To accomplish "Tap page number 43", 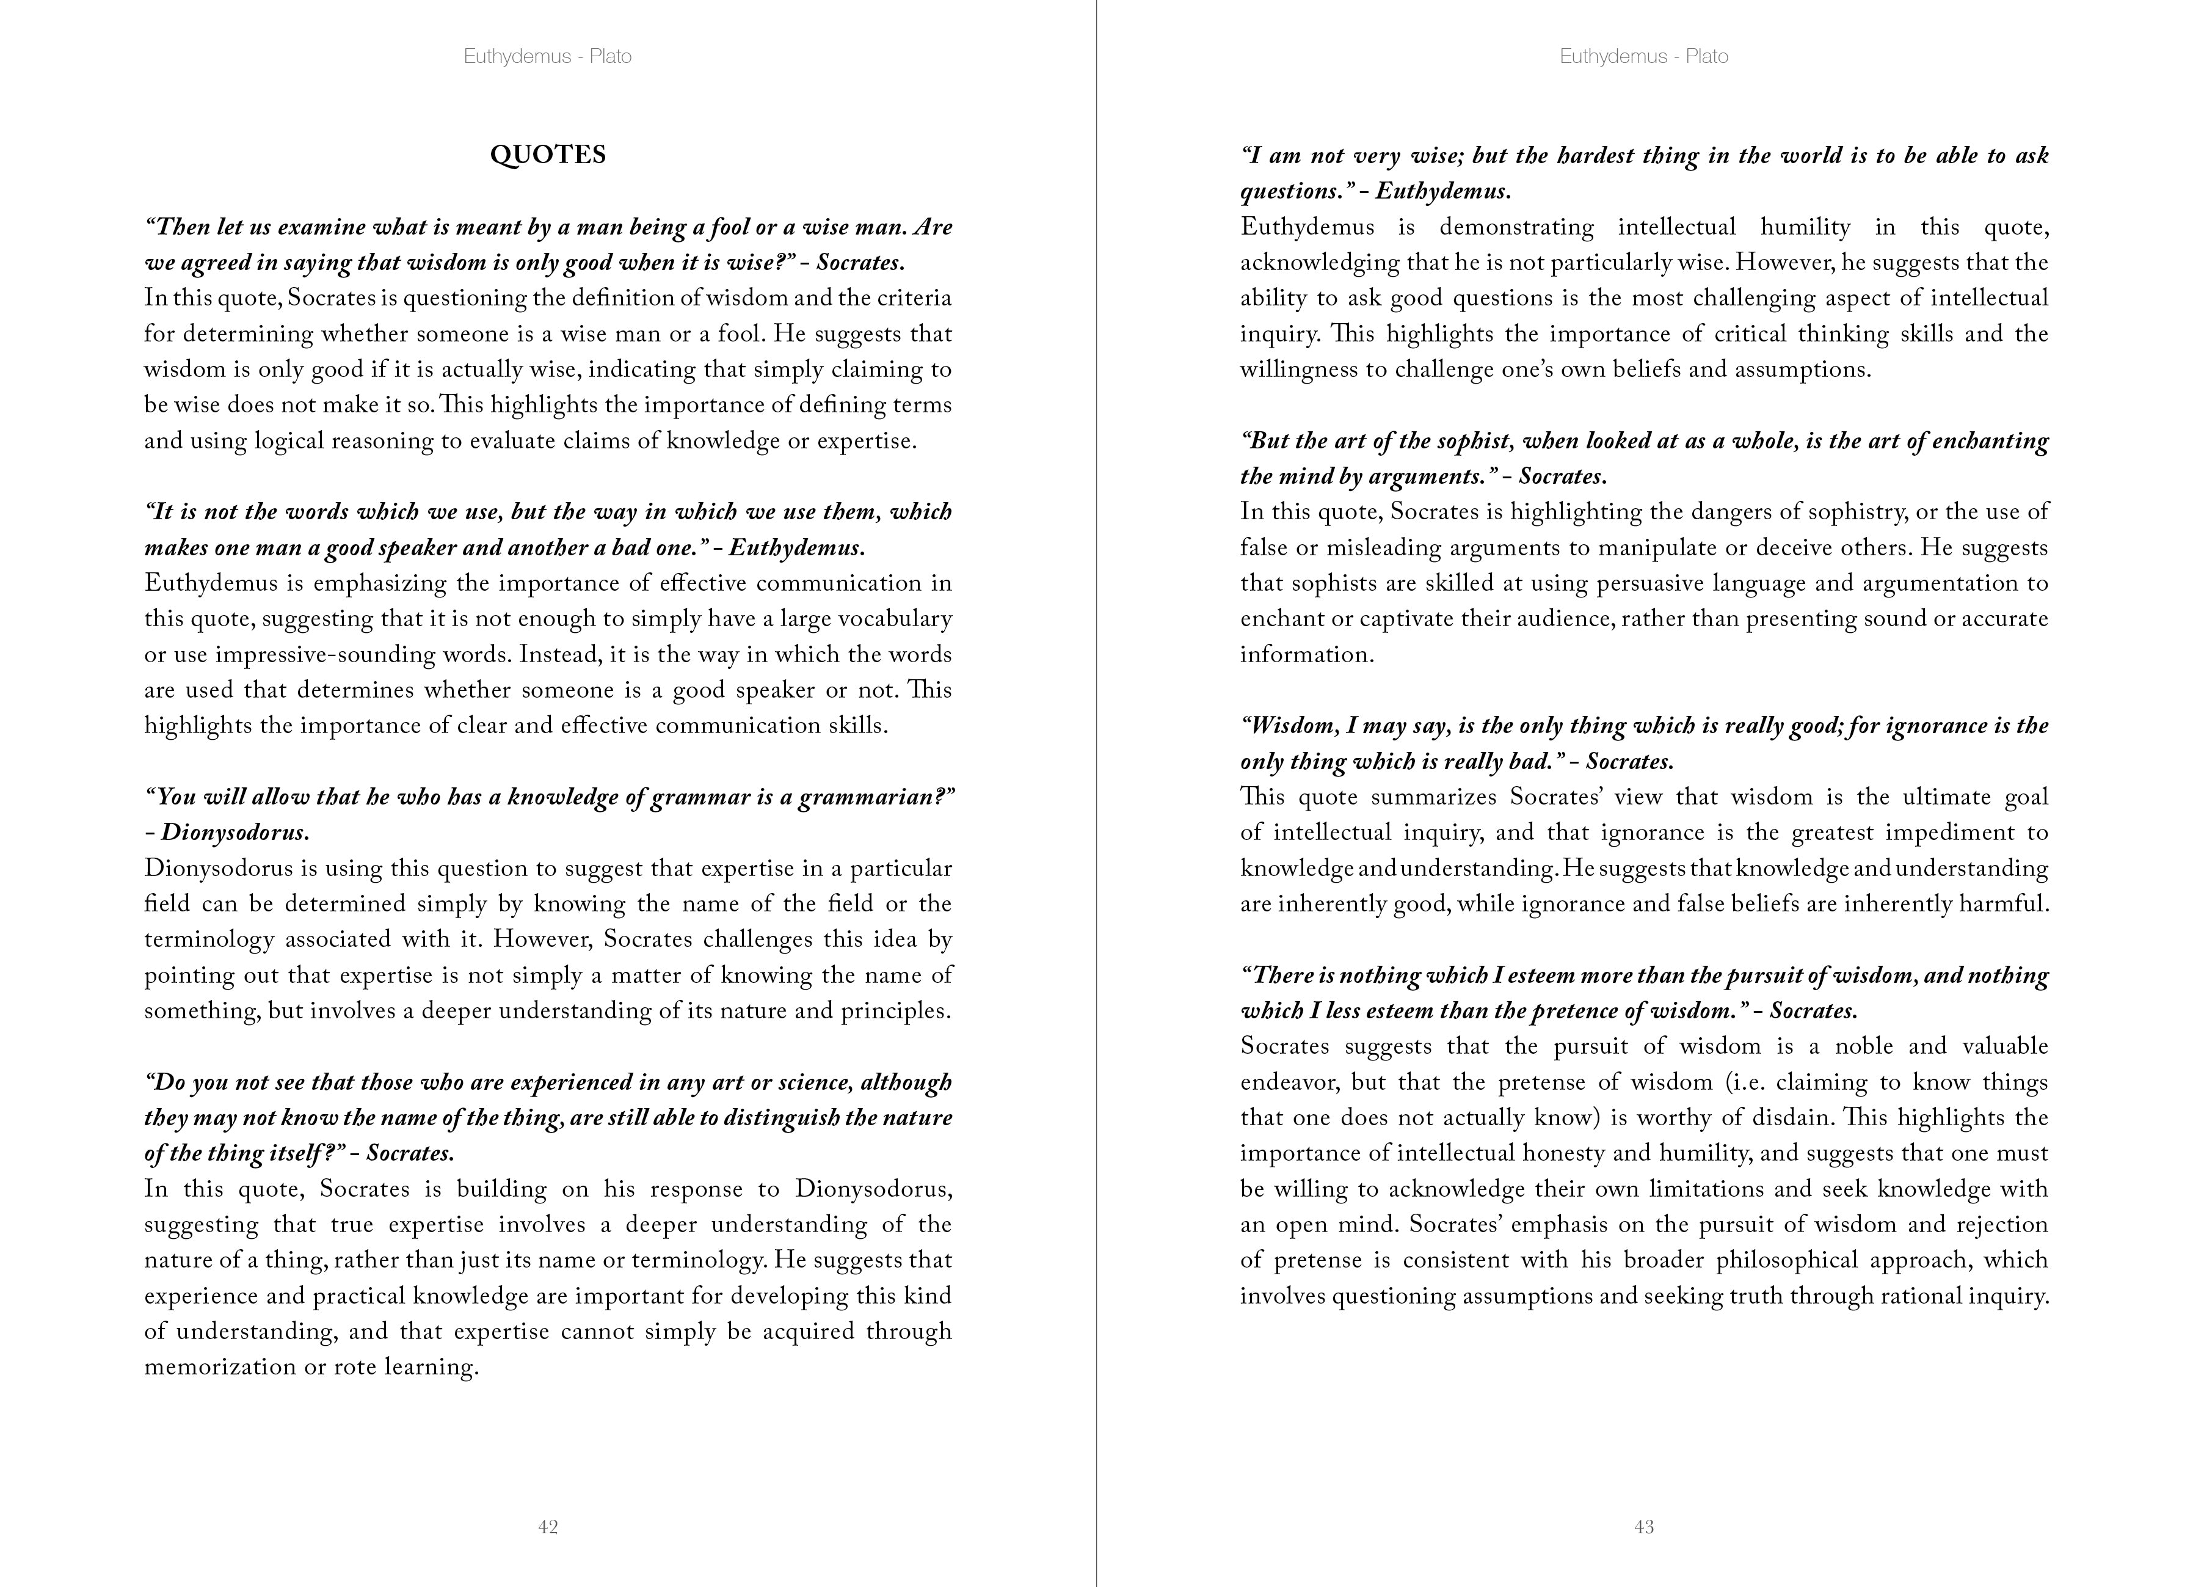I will (1644, 1527).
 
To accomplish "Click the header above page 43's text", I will (1644, 56).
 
